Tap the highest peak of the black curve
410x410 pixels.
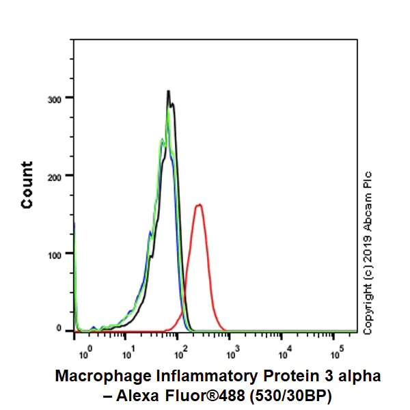(x=168, y=91)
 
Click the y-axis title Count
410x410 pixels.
(x=27, y=184)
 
